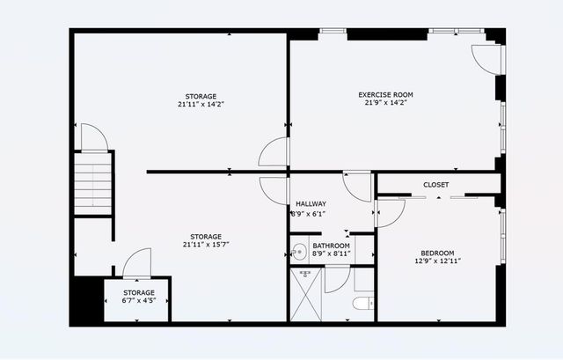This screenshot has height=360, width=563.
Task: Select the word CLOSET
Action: tap(435, 185)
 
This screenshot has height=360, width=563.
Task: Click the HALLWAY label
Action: tap(311, 203)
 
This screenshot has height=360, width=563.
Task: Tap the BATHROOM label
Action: tap(331, 246)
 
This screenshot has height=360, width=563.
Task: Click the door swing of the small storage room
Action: tap(136, 263)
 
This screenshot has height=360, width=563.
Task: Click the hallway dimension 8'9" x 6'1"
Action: tap(309, 213)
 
